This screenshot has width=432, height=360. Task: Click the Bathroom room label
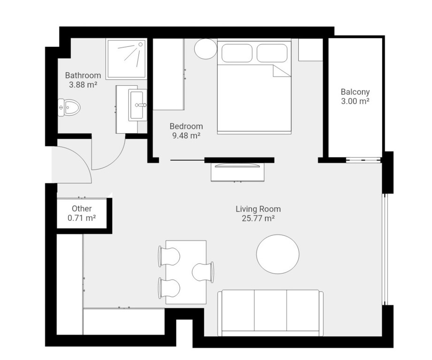point(83,75)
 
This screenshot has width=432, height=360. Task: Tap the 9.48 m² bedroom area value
point(186,135)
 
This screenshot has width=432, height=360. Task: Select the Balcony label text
point(355,92)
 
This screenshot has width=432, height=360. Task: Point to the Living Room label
point(258,209)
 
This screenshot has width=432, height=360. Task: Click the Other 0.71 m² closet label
point(82,213)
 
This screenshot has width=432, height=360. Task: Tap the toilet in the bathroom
point(69,107)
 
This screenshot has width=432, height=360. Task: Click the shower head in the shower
point(141,45)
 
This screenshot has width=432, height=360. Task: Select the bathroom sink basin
point(138,105)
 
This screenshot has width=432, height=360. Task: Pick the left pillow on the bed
point(237,53)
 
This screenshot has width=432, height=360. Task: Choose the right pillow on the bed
point(272,53)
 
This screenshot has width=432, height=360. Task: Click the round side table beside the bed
point(205,48)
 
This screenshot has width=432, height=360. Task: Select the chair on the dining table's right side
point(203,272)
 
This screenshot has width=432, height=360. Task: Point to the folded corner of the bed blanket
point(281,71)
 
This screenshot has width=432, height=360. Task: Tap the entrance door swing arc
point(81,157)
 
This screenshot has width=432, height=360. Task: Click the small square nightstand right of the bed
point(311,50)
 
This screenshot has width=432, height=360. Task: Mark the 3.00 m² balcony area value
point(355,101)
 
